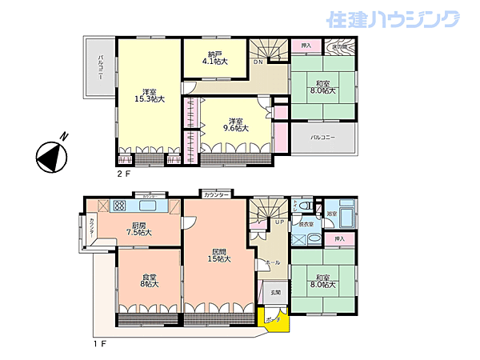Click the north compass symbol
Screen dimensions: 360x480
(50, 155)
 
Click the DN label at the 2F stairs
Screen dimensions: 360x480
(258, 62)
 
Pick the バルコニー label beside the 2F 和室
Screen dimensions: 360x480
(322, 138)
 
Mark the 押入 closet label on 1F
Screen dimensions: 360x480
(340, 238)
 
